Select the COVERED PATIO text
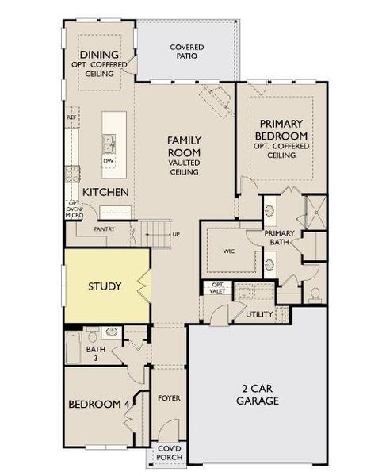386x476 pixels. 187,52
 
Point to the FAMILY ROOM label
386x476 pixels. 184,146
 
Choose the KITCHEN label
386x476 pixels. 106,193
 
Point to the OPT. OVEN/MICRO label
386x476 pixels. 75,213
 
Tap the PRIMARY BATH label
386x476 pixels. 280,238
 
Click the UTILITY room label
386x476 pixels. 260,315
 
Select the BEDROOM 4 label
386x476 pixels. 99,405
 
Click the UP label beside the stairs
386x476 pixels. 176,235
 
